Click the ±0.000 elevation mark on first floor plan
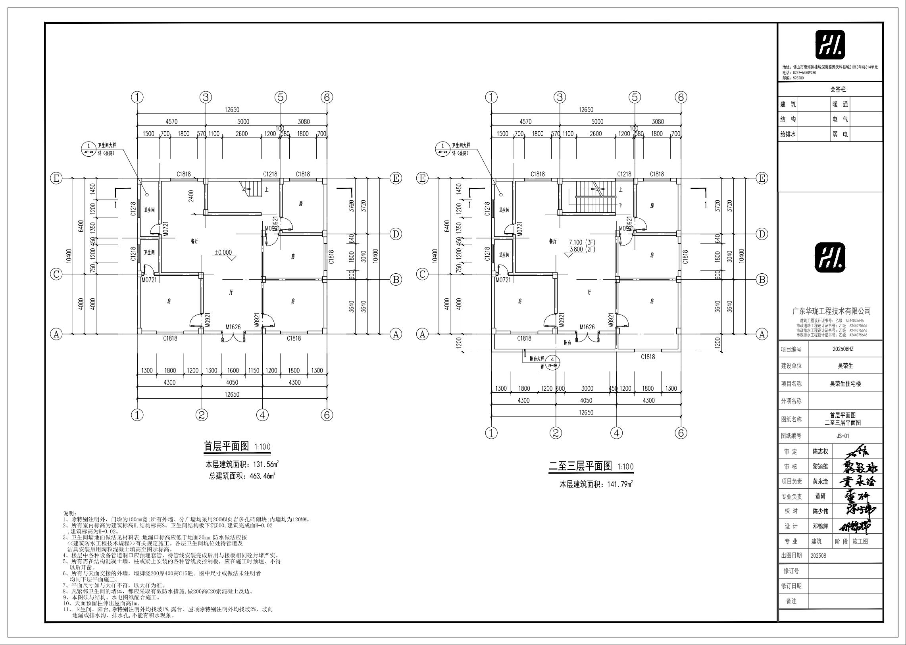coord(223,252)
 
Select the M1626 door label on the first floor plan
coord(233,327)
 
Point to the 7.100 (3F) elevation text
coord(582,242)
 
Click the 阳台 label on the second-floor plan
coord(567,342)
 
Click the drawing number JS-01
coord(843,436)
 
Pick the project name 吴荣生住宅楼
coord(845,384)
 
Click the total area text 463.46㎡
coord(261,475)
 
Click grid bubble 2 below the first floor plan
coord(202,415)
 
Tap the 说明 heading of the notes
coord(70,513)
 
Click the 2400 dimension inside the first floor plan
coord(191,196)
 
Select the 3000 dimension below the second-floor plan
coord(587,388)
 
